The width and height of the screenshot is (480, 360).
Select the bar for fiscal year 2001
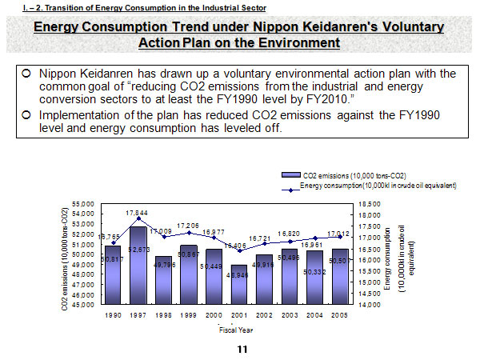coord(240,285)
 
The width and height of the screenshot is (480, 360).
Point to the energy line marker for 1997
coord(138,218)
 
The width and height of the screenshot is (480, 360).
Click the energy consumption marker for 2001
coord(239,250)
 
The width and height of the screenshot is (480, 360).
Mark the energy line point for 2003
coord(290,241)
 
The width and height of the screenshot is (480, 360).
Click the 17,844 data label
coord(138,212)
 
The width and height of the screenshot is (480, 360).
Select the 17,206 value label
coord(189,226)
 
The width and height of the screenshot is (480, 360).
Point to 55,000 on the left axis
coord(83,204)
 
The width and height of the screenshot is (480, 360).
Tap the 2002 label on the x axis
coord(264,315)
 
